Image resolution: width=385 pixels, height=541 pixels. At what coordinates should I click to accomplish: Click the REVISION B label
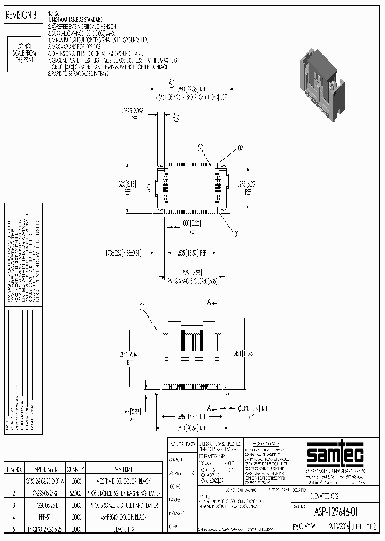coord(21,16)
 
